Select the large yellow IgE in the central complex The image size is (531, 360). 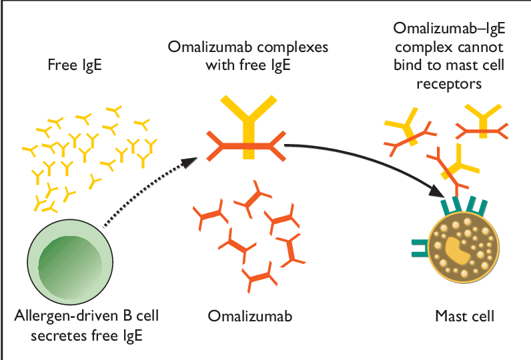[248, 120]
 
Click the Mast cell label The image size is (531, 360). [464, 315]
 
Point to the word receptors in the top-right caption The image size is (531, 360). [449, 85]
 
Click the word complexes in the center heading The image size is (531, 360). [289, 48]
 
